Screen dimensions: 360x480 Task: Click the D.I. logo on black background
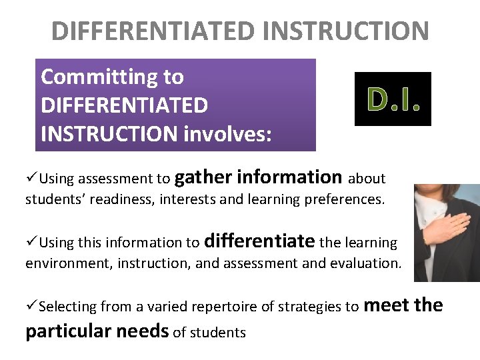click(393, 99)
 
